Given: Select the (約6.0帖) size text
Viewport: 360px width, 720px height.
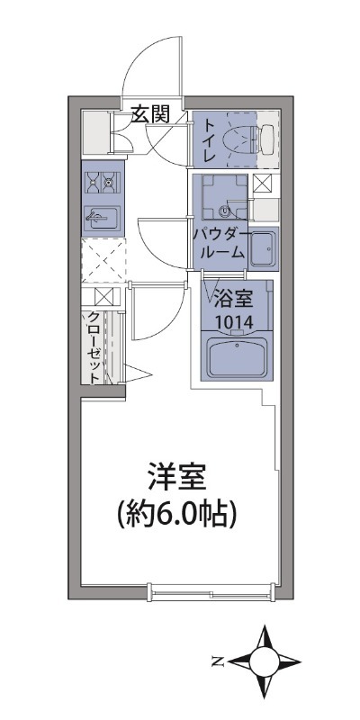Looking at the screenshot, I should click(x=177, y=514).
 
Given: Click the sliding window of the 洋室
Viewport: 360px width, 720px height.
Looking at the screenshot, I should click(x=211, y=590).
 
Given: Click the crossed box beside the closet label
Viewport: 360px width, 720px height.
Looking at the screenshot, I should click(x=100, y=297).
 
